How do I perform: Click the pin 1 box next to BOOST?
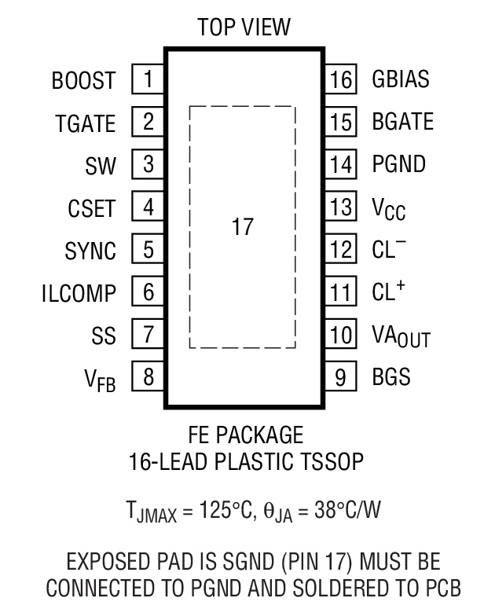tap(148, 79)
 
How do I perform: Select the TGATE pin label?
tap(85, 123)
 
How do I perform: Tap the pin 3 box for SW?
tap(148, 165)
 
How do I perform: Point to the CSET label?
tap(91, 209)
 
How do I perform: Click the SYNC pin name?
tap(90, 251)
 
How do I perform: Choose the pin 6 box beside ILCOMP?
tap(148, 293)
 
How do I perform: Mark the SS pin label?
tap(103, 336)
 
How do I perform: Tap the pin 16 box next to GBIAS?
tap(339, 79)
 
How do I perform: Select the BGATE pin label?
tap(403, 123)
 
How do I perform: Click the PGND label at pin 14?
tap(399, 165)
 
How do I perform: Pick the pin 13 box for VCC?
tap(339, 208)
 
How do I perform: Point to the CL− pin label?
tap(389, 250)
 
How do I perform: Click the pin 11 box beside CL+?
tap(339, 293)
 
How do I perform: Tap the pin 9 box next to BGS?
tap(339, 378)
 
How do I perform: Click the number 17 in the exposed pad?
tap(243, 228)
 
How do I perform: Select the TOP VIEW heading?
tap(244, 28)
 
